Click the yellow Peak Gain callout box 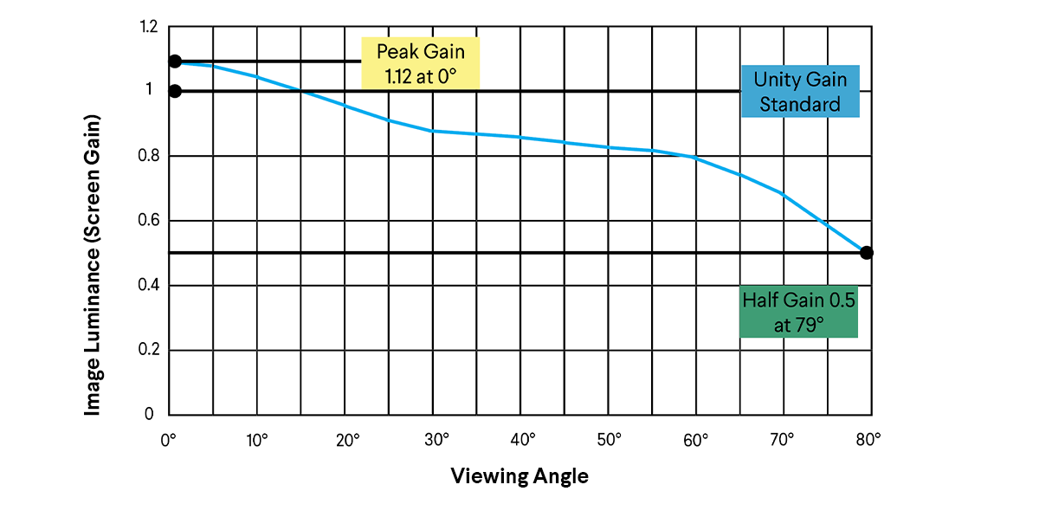(420, 62)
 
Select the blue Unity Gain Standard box (800, 91)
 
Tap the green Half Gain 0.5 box (798, 311)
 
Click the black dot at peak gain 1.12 (175, 61)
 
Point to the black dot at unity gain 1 (175, 91)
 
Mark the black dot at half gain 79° (867, 253)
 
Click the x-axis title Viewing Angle (519, 476)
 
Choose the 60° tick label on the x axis (695, 440)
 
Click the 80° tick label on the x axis (868, 440)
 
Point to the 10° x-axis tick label (257, 440)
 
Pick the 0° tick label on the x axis (169, 440)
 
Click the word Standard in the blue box (800, 105)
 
